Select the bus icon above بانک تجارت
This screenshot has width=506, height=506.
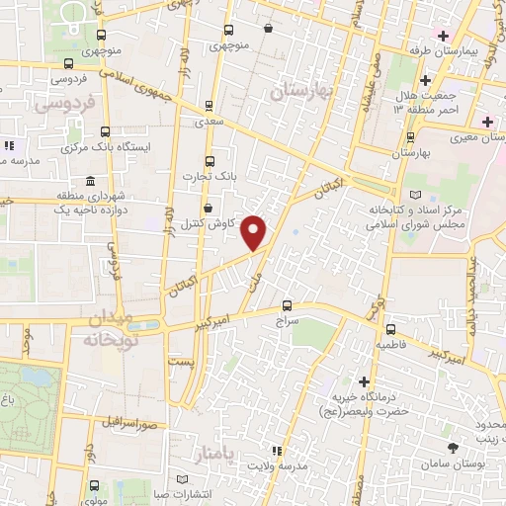(208, 161)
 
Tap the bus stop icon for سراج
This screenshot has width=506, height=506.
(288, 305)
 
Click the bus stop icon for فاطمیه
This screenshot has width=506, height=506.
(391, 330)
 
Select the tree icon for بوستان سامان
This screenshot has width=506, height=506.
(453, 448)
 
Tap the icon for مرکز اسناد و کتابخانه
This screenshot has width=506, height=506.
(414, 195)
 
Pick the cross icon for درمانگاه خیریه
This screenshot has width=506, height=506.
(365, 381)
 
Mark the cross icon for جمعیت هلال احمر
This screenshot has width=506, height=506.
(425, 80)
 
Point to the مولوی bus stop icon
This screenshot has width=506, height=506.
(93, 485)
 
